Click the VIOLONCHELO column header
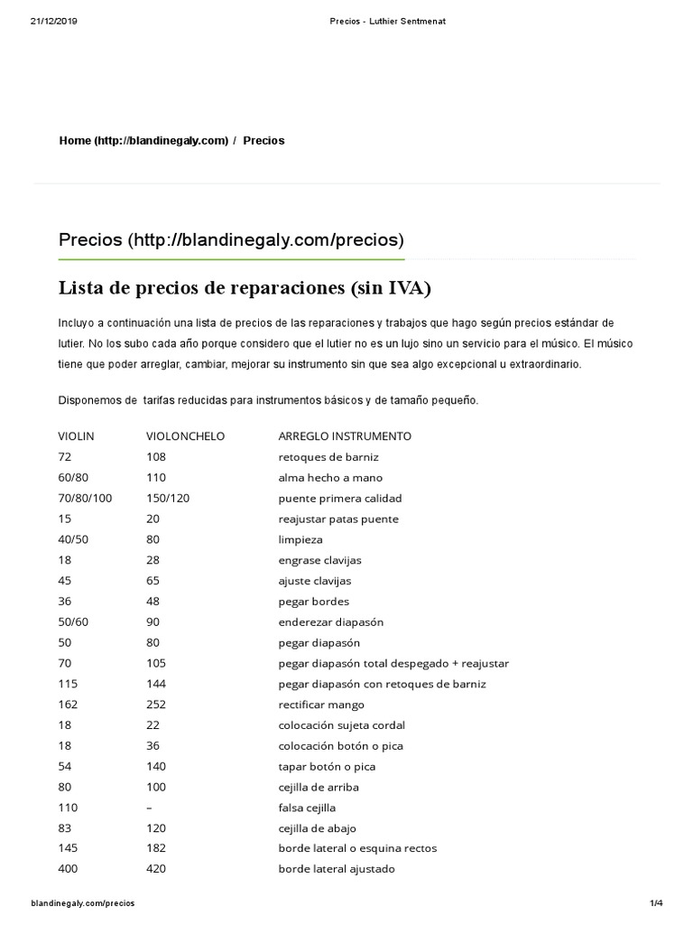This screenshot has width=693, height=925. [x=185, y=435]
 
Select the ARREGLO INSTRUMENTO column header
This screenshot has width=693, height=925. [x=345, y=435]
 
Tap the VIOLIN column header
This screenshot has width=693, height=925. [x=76, y=435]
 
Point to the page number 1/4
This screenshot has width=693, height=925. [x=655, y=903]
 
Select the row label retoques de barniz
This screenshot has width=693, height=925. [x=322, y=456]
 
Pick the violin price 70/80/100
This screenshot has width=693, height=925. [x=86, y=498]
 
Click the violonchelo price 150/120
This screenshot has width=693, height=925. [x=169, y=498]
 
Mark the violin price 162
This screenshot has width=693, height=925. [x=69, y=705]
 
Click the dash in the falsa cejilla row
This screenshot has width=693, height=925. [x=149, y=808]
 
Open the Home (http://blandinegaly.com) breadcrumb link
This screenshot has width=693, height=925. [x=143, y=141]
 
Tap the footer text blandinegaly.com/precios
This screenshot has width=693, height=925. [x=83, y=903]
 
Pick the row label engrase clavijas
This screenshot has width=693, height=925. [x=319, y=560]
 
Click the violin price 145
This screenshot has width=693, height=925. [x=69, y=849]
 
